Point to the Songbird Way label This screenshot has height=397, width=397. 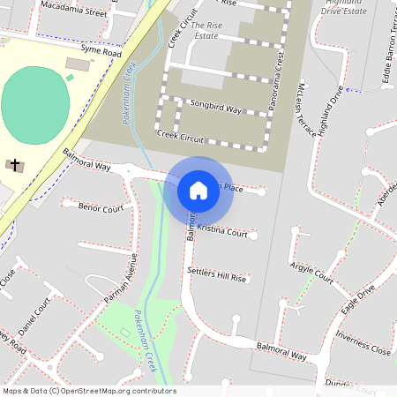(215, 107)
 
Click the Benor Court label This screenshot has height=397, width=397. (100, 208)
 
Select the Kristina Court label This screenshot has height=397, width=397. (222, 230)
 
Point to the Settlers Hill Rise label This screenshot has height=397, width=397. (217, 274)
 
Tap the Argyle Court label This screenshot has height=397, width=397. (312, 273)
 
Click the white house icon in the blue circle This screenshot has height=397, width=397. (198, 191)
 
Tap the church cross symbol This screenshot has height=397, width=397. (14, 164)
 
